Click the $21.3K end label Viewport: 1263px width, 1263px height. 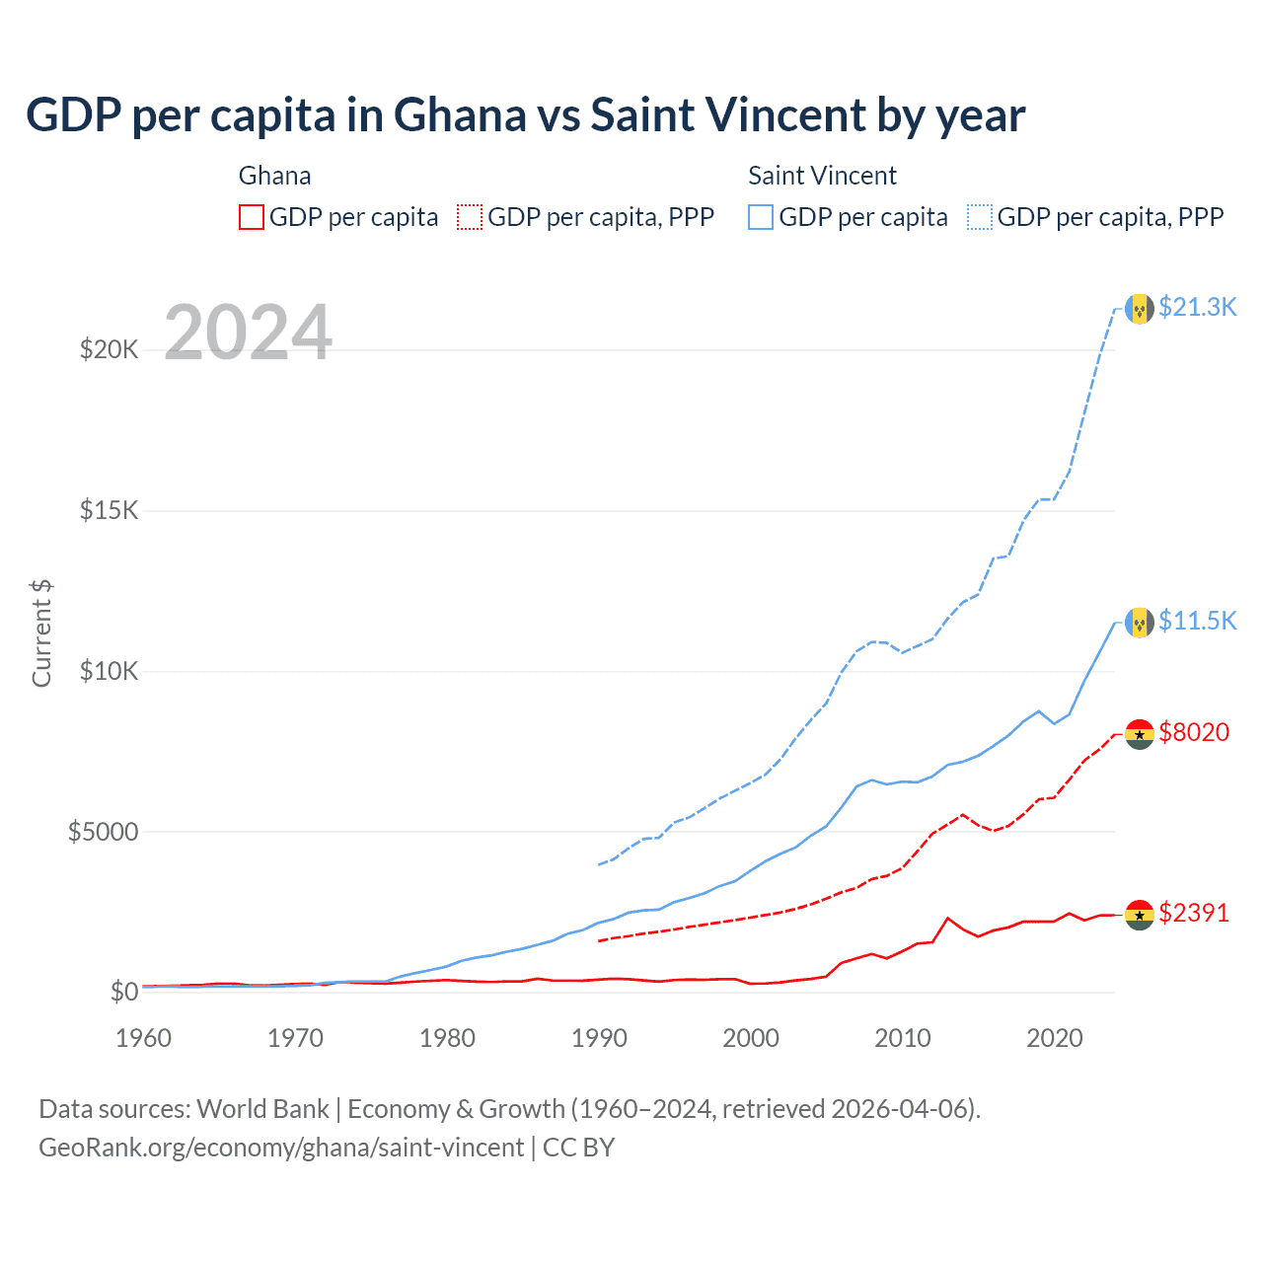[1197, 307]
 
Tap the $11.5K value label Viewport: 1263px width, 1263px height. [1197, 621]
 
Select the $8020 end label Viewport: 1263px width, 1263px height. [1194, 732]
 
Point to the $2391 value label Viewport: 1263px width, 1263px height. [1194, 913]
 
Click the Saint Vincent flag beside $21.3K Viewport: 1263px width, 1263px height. [1140, 309]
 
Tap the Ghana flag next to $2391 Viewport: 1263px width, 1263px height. [1140, 915]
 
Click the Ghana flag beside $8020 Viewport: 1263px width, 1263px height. [1140, 734]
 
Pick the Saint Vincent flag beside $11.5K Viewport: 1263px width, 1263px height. [1140, 623]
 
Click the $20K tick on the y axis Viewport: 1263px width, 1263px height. [109, 349]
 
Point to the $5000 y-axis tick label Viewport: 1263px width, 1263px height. [103, 832]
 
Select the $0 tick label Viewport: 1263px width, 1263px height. [123, 992]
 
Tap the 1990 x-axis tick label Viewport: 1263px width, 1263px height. [599, 1038]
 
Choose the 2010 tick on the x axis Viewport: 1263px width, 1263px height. [903, 1038]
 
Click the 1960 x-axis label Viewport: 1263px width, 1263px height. [144, 1038]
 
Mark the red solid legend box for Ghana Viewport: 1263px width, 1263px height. [252, 217]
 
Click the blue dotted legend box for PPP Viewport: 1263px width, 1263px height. [980, 217]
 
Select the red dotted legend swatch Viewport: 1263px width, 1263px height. [470, 217]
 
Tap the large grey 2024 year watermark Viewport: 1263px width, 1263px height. [248, 333]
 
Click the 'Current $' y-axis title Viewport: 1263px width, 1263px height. [41, 633]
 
